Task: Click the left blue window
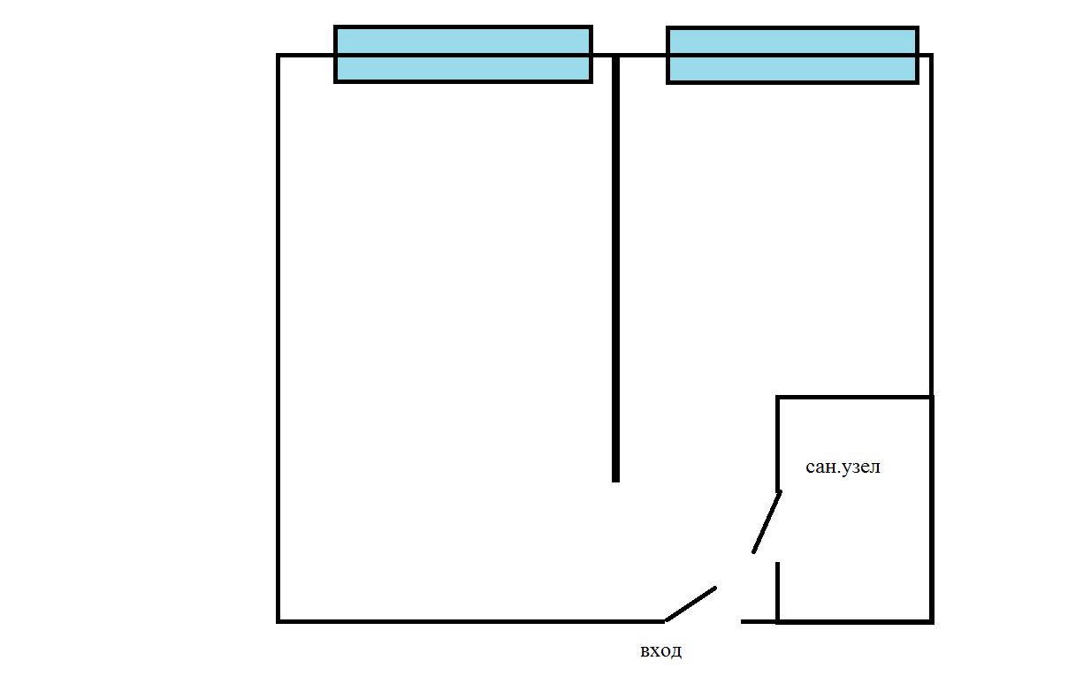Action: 462,54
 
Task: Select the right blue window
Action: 792,55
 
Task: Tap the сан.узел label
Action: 843,467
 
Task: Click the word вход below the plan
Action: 660,651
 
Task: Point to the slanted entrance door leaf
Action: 690,604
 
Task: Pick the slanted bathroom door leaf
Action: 767,522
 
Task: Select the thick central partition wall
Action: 615,265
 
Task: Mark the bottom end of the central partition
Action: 615,478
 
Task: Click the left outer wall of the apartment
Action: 278,336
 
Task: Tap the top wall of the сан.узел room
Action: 854,398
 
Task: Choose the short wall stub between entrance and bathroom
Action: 759,621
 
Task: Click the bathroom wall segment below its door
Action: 778,590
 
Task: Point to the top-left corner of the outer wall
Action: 279,56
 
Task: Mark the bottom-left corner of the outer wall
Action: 279,621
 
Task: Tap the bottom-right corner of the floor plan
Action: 931,621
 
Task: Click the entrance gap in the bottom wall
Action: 703,621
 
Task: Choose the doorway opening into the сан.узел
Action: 778,527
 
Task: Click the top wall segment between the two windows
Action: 629,55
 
